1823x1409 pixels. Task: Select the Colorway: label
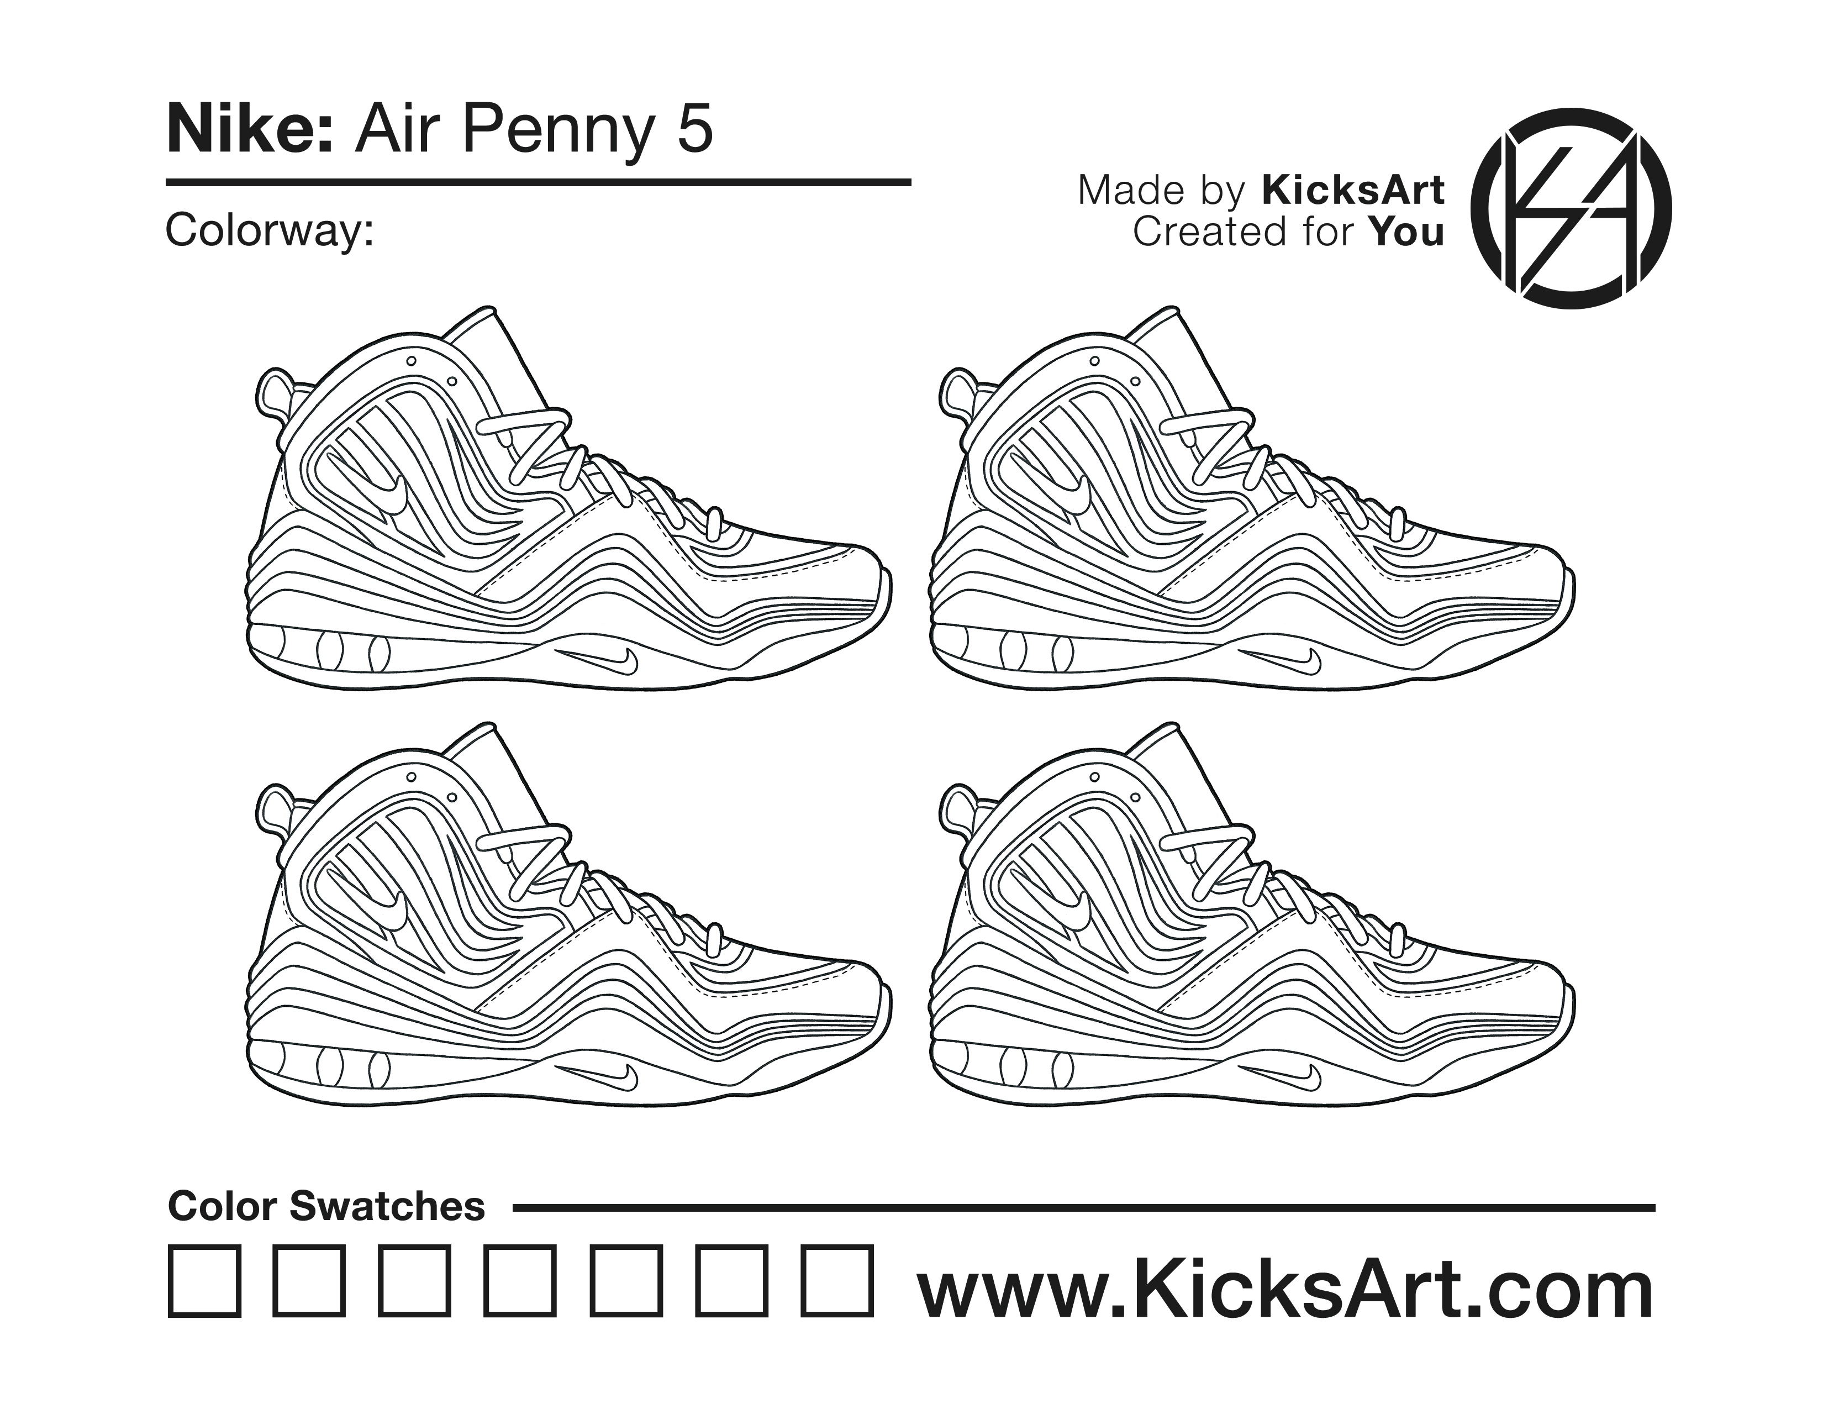pyautogui.click(x=269, y=229)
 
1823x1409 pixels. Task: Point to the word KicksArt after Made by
pyautogui.click(x=1352, y=190)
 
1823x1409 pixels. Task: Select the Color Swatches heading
pyautogui.click(x=326, y=1206)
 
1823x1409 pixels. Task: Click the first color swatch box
pyautogui.click(x=204, y=1281)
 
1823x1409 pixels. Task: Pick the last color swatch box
pyautogui.click(x=838, y=1281)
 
